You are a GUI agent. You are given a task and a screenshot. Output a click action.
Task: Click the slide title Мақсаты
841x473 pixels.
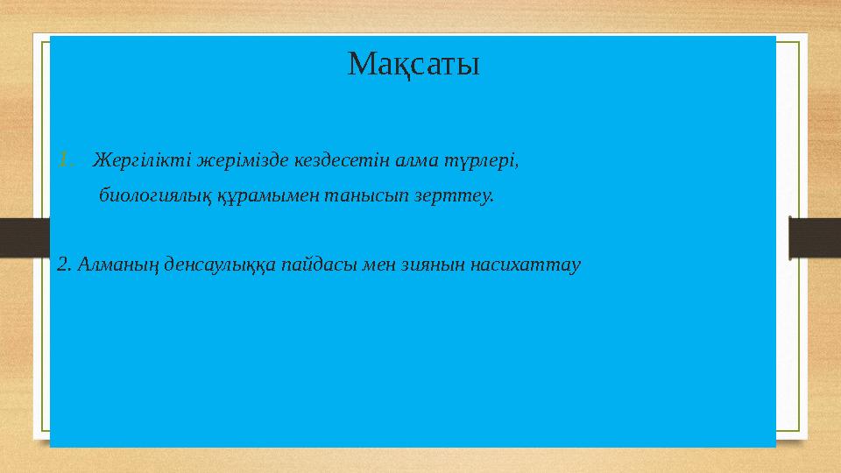click(413, 64)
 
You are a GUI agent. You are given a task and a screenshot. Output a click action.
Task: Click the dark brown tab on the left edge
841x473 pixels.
click(24, 237)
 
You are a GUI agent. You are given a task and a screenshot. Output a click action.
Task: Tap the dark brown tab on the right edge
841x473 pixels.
click(815, 237)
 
